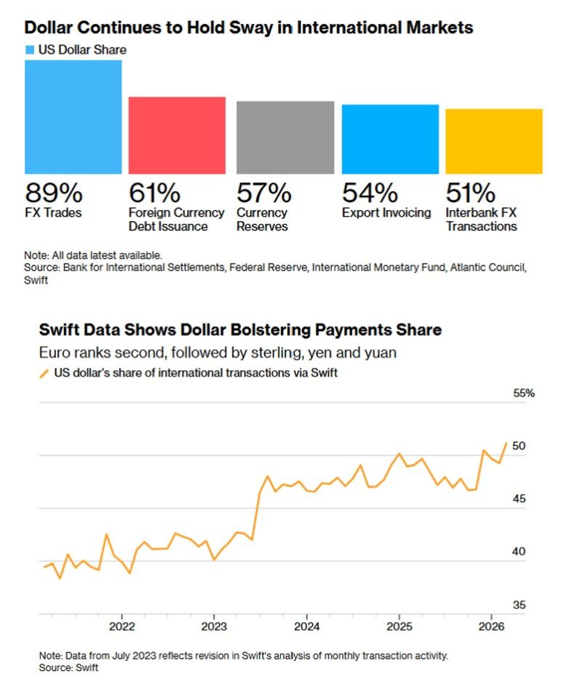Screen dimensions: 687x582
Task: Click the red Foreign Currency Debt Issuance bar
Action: pos(177,135)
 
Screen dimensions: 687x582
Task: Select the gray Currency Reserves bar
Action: pos(285,137)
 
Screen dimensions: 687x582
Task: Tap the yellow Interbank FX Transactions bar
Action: pos(494,141)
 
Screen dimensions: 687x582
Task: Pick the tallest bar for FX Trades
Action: pos(73,116)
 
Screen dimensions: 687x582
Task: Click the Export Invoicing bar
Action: pos(390,139)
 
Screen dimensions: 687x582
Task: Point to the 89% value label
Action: pos(55,193)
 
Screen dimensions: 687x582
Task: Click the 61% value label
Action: pos(154,193)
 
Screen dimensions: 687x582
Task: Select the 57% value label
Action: pos(264,193)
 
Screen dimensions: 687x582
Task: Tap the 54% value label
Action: pos(370,193)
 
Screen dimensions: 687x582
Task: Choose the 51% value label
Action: pos(471,193)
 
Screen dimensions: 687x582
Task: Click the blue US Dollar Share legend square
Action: pos(30,50)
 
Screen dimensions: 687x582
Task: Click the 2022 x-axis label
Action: pos(121,627)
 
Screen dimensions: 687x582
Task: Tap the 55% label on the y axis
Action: pos(524,393)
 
